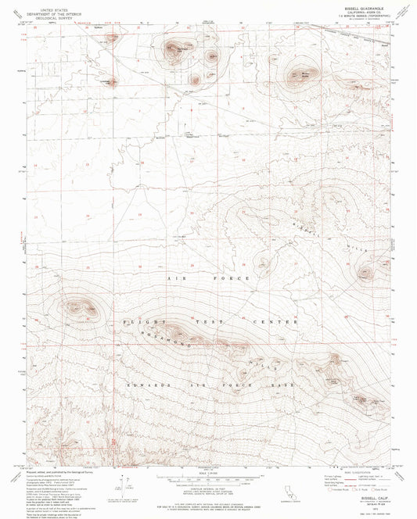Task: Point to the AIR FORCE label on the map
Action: click(x=209, y=278)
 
